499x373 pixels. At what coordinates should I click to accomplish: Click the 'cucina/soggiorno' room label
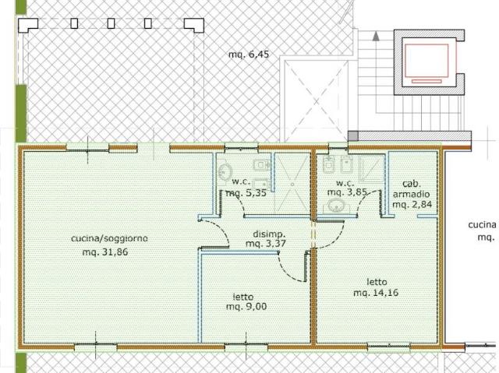coord(109,238)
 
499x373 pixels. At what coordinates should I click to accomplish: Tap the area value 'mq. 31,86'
coord(105,252)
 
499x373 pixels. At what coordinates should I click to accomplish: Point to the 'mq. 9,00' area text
coord(246,307)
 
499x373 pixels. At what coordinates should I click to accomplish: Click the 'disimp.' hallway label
coord(269,234)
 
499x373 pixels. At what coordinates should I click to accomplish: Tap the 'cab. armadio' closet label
coord(412,188)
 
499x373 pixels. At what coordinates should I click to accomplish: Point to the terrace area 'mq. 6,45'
coord(249,55)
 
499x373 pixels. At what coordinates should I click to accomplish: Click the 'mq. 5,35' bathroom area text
coord(246,193)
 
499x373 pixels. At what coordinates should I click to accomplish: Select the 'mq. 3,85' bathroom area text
coord(347,192)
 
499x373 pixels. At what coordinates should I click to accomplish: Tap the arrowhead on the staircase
coord(376,36)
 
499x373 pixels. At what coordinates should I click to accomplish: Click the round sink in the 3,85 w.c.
coord(335,206)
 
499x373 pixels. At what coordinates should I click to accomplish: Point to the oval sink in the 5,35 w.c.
coord(225,172)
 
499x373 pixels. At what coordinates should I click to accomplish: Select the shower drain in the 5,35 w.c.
coord(292,184)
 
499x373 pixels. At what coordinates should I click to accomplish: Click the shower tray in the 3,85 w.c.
coord(371,169)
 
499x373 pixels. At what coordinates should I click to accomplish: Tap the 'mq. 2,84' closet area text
coord(412,204)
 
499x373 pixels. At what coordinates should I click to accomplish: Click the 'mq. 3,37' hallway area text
coord(266,244)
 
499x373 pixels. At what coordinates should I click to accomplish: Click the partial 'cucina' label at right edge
coord(482,225)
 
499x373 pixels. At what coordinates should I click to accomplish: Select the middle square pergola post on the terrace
coord(111,23)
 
